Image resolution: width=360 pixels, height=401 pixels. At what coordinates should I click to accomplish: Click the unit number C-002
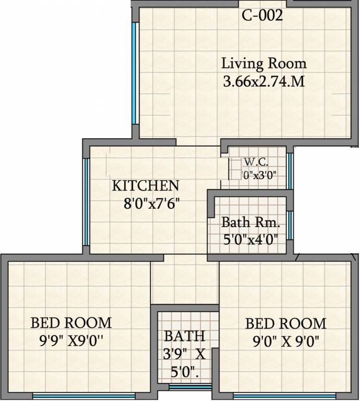click(262, 16)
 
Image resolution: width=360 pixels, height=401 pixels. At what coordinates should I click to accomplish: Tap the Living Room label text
click(263, 64)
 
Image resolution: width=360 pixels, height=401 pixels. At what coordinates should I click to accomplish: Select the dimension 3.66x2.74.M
click(263, 81)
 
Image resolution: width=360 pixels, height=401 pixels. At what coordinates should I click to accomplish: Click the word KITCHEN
click(146, 185)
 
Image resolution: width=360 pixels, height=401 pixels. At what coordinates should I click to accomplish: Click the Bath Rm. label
click(250, 222)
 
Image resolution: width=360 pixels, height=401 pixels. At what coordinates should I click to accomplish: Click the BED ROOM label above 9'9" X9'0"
click(71, 322)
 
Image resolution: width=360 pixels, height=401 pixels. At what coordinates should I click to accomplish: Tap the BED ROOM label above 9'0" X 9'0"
click(285, 323)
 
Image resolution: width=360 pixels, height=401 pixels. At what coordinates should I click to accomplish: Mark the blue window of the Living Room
click(134, 73)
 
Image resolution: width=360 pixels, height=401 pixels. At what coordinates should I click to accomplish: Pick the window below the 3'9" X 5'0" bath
click(190, 387)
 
